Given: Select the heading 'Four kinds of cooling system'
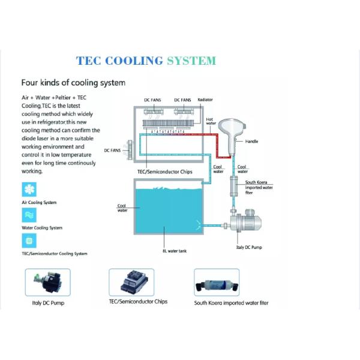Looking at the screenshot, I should coord(73,83).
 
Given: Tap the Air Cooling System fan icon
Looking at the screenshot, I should coord(28,190).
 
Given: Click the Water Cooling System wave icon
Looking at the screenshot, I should coord(28,215).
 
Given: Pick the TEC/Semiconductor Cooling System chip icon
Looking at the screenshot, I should coord(28,241).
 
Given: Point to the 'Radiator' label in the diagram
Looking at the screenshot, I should coord(205,100).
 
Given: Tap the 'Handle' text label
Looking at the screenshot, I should coord(252,142).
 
